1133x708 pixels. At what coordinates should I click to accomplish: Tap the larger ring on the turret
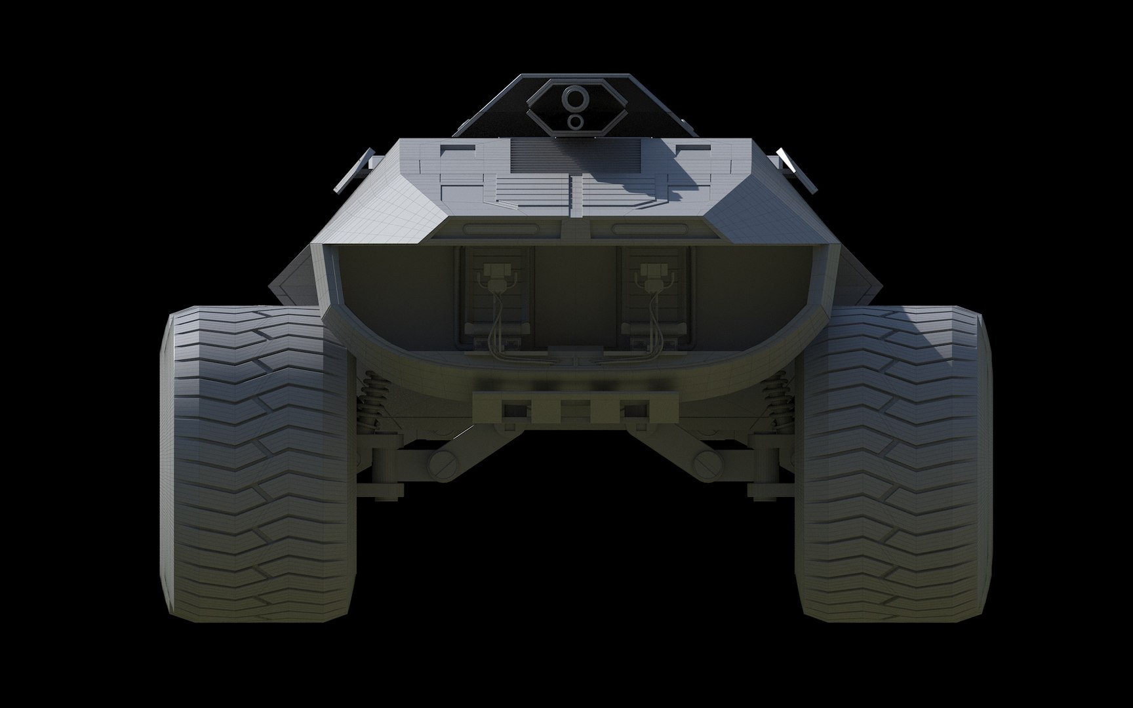pos(575,98)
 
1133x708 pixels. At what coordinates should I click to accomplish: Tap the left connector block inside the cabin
pos(493,271)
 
